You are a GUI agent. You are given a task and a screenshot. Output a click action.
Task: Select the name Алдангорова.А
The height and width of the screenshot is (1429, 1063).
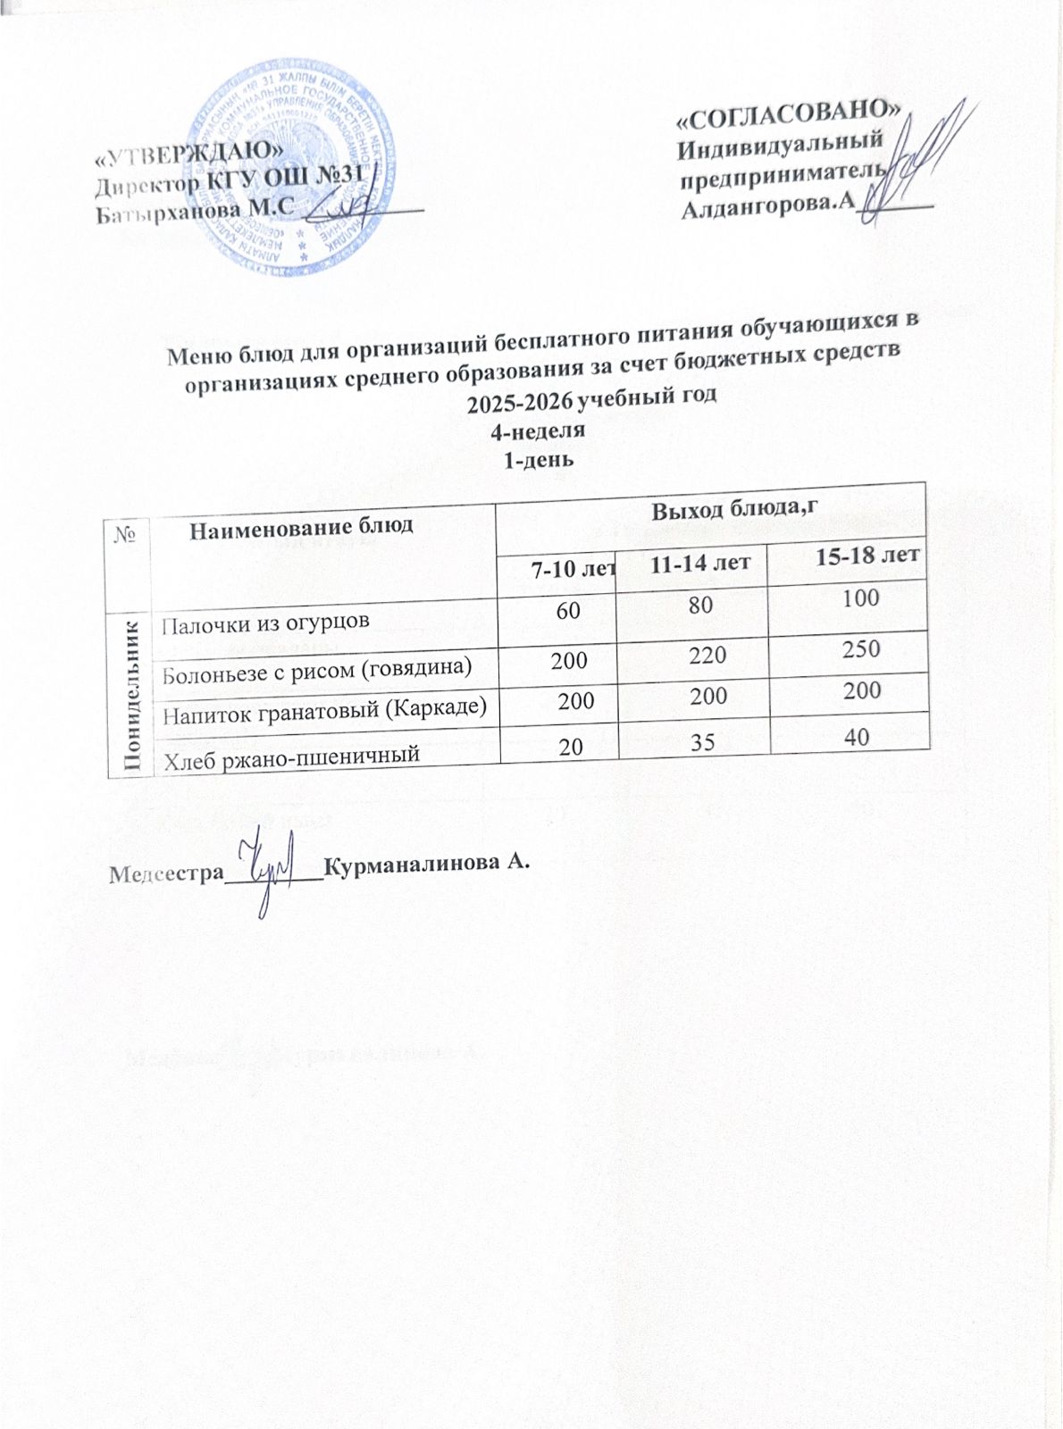pos(764,206)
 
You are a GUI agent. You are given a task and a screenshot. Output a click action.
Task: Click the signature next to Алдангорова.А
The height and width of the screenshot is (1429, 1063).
pos(907,161)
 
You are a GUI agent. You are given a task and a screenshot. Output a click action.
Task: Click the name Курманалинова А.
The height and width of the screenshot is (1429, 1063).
pos(428,864)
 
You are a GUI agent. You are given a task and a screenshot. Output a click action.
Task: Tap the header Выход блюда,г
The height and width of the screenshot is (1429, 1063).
pos(735,511)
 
